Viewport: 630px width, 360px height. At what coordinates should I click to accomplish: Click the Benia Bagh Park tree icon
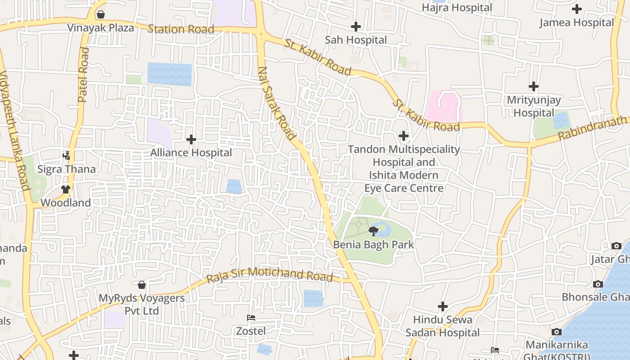click(373, 231)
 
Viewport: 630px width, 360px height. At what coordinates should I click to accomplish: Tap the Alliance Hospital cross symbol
click(191, 139)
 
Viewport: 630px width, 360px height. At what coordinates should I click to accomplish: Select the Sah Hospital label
click(356, 40)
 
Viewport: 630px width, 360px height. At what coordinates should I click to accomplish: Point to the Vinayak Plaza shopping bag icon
click(101, 14)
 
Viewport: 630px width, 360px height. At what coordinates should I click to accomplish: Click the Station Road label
click(181, 30)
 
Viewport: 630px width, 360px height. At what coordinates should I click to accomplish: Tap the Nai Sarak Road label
click(277, 103)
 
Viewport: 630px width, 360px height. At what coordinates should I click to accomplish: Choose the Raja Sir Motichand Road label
click(270, 274)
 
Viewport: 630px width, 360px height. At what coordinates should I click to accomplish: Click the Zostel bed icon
click(251, 318)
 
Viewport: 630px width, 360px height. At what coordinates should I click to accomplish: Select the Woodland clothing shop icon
click(66, 189)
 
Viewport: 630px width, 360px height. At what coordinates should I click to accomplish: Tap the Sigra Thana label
click(67, 169)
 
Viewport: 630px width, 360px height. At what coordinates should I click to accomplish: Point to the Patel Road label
click(84, 75)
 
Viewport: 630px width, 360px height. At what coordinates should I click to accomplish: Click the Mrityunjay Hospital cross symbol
click(534, 86)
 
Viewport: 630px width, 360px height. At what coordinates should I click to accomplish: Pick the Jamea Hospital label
click(576, 22)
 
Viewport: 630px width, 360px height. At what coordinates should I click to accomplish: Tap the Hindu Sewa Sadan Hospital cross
click(443, 306)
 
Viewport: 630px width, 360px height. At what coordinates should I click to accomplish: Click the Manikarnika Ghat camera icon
click(557, 332)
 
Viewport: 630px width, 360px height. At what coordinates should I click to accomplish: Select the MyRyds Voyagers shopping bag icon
click(142, 285)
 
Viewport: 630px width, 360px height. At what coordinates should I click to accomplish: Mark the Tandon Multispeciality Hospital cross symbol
click(404, 135)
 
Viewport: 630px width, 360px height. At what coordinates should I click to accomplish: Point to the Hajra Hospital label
click(457, 8)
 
